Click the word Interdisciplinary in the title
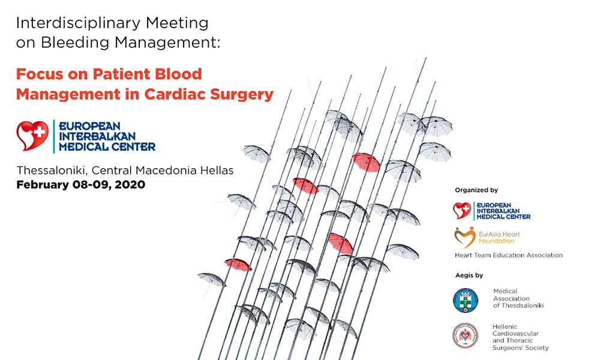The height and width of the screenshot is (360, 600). pyautogui.click(x=79, y=23)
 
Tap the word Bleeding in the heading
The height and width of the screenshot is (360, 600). pyautogui.click(x=75, y=42)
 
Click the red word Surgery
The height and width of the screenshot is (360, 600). pyautogui.click(x=242, y=95)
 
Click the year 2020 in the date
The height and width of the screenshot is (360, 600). pyautogui.click(x=130, y=185)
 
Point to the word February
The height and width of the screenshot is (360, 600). pyautogui.click(x=42, y=185)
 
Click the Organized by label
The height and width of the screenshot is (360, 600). pyautogui.click(x=476, y=190)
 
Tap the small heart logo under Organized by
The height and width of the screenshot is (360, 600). pyautogui.click(x=462, y=211)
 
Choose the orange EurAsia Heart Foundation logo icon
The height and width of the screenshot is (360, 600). pyautogui.click(x=465, y=237)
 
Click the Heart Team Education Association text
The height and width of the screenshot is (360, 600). pyautogui.click(x=509, y=255)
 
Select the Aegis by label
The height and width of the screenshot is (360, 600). pyautogui.click(x=469, y=275)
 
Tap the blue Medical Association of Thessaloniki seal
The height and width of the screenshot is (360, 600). pyautogui.click(x=466, y=301)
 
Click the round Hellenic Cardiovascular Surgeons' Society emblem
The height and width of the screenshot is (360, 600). pyautogui.click(x=466, y=335)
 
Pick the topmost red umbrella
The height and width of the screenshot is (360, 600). pyautogui.click(x=366, y=162)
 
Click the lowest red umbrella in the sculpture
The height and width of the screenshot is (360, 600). pyautogui.click(x=238, y=265)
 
